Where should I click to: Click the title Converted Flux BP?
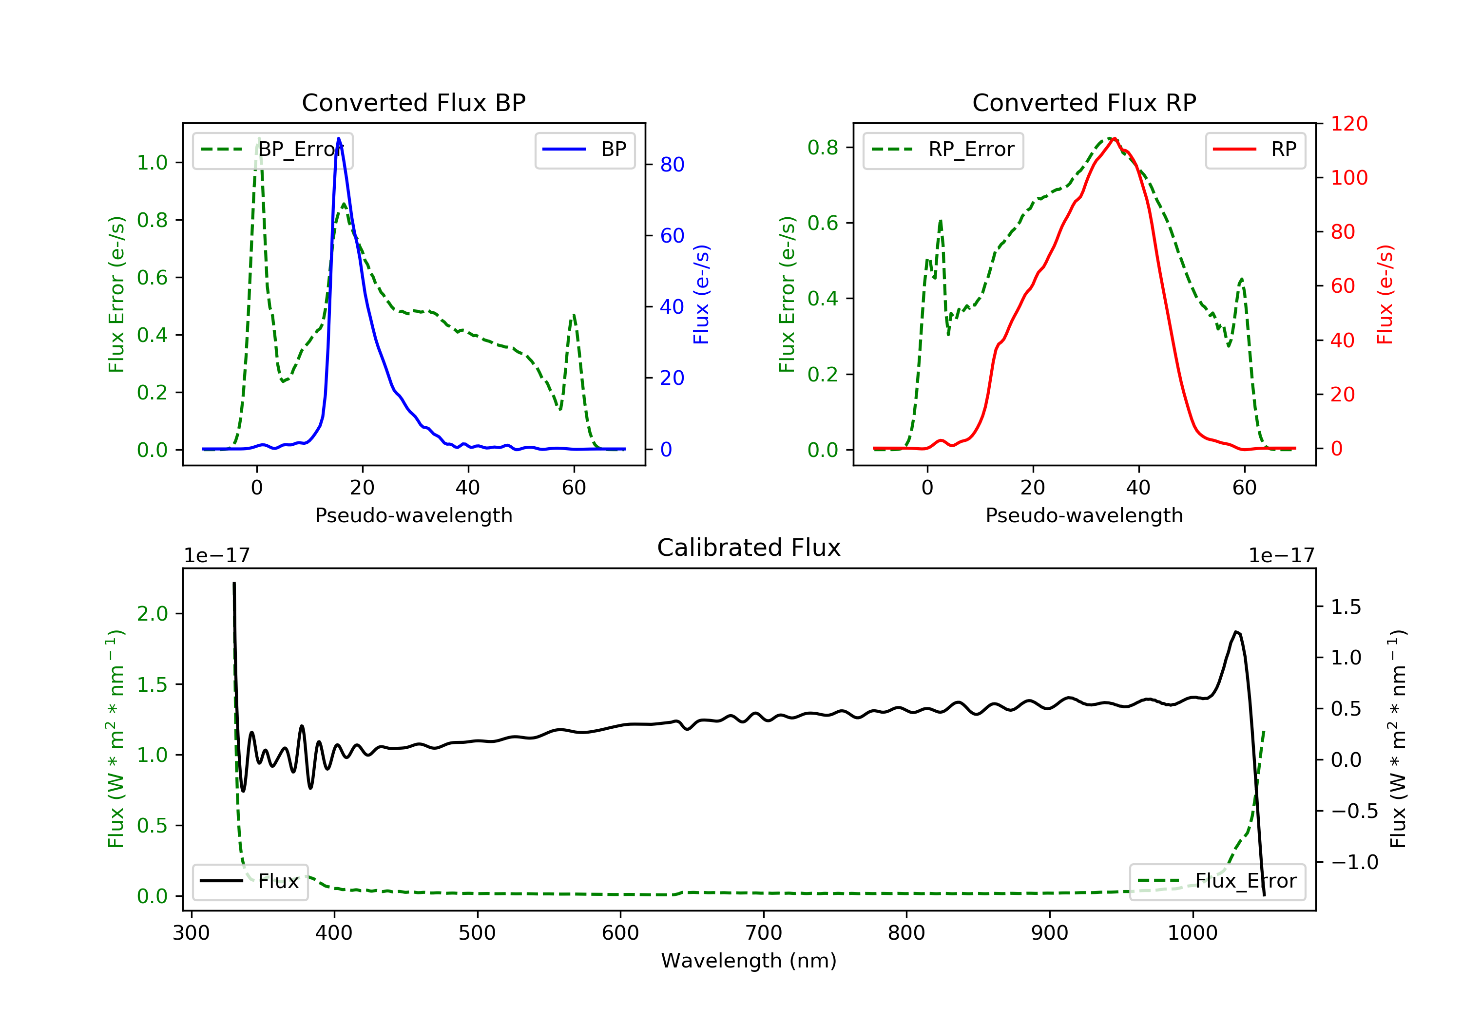[x=413, y=102]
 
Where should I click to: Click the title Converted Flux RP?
[x=1084, y=102]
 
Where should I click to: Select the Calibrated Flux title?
[x=749, y=548]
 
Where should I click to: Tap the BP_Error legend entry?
[x=272, y=150]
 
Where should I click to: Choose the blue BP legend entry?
[x=584, y=150]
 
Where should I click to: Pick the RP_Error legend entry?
[x=943, y=150]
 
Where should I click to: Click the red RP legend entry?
[x=1255, y=150]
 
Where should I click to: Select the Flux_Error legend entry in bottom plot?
[x=1217, y=881]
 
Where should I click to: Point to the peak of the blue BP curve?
[x=338, y=138]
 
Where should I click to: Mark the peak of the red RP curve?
[x=1114, y=139]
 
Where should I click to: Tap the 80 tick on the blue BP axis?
[x=672, y=164]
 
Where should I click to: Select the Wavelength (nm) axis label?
[x=749, y=960]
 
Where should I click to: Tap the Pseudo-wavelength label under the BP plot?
[x=414, y=515]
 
